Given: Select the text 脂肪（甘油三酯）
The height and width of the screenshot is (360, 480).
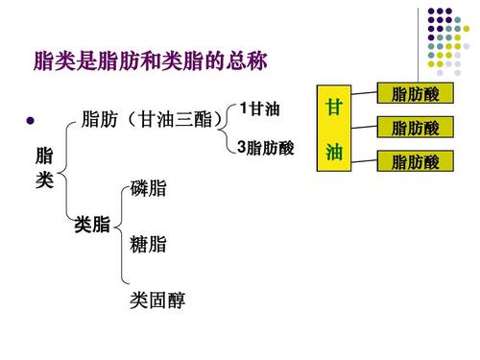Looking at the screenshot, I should coord(154,120).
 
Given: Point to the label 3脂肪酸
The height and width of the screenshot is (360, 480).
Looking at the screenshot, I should coord(265,149).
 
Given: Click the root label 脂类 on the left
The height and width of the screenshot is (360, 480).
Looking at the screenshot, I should coord(44,169).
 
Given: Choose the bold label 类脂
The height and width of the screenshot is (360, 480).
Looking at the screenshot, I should coord(92,227).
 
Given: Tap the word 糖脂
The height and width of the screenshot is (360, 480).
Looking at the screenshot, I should coord(148,245).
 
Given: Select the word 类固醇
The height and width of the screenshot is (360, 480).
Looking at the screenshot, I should coord(157,302).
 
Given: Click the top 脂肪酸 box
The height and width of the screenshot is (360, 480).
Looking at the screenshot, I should coord(416,94).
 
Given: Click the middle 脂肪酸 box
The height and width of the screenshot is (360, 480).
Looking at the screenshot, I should coord(416,128).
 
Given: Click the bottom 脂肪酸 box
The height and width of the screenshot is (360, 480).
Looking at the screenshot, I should coord(416,162).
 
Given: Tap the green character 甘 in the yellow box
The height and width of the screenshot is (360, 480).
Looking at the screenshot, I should coord(333,107).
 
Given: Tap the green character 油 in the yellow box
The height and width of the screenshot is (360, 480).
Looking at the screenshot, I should coord(333,153).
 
